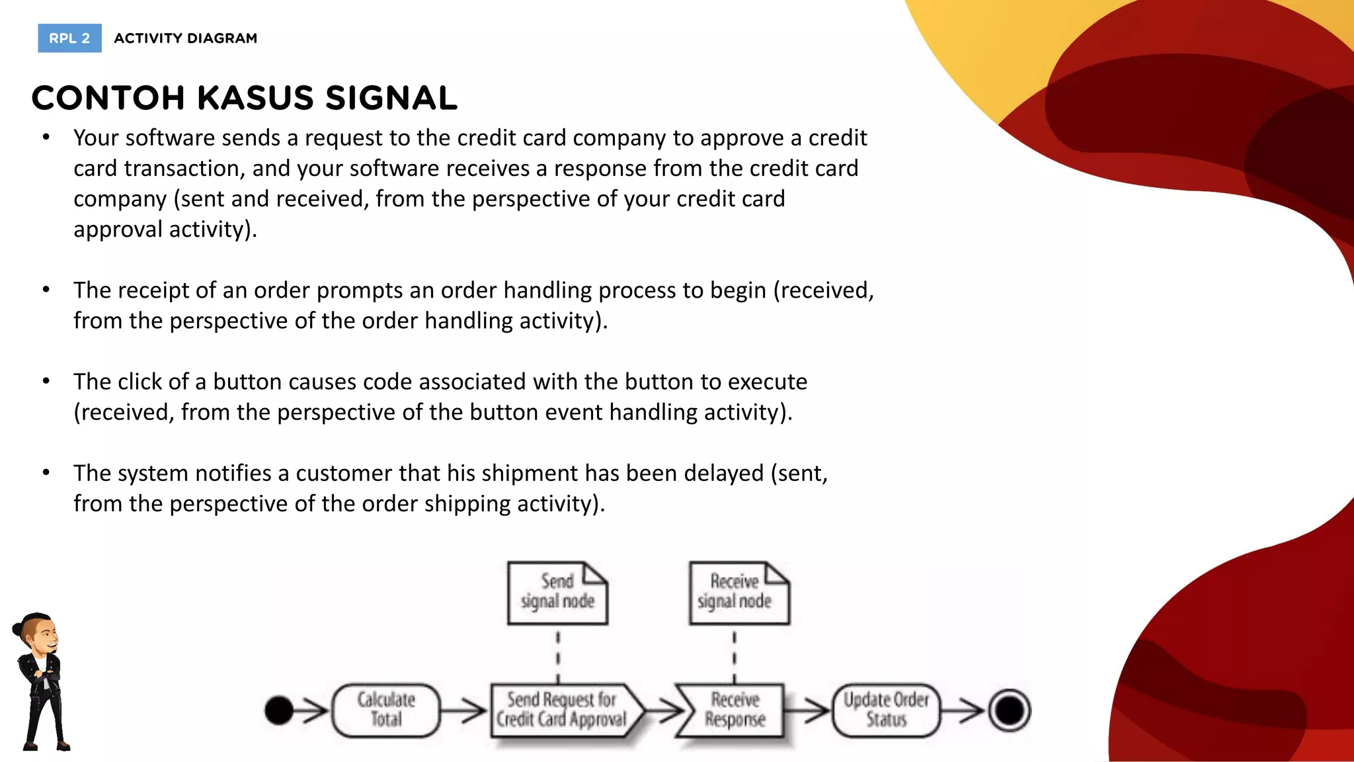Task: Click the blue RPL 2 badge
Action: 69,38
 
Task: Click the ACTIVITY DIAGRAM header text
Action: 186,38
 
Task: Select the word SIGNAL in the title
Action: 391,98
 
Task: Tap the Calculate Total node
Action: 386,710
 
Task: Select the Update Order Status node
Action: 886,710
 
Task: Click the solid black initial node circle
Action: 279,710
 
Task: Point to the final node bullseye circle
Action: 1010,710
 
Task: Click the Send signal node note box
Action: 557,593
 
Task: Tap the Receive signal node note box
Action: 738,593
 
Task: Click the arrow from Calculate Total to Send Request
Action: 464,711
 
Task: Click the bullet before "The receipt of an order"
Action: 46,290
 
